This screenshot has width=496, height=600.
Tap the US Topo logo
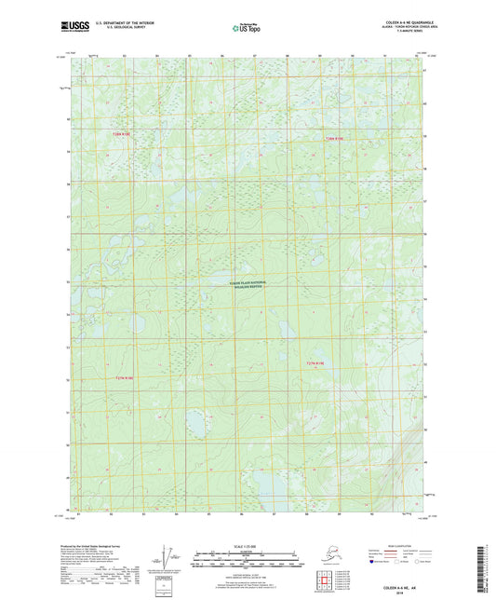[240, 29]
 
